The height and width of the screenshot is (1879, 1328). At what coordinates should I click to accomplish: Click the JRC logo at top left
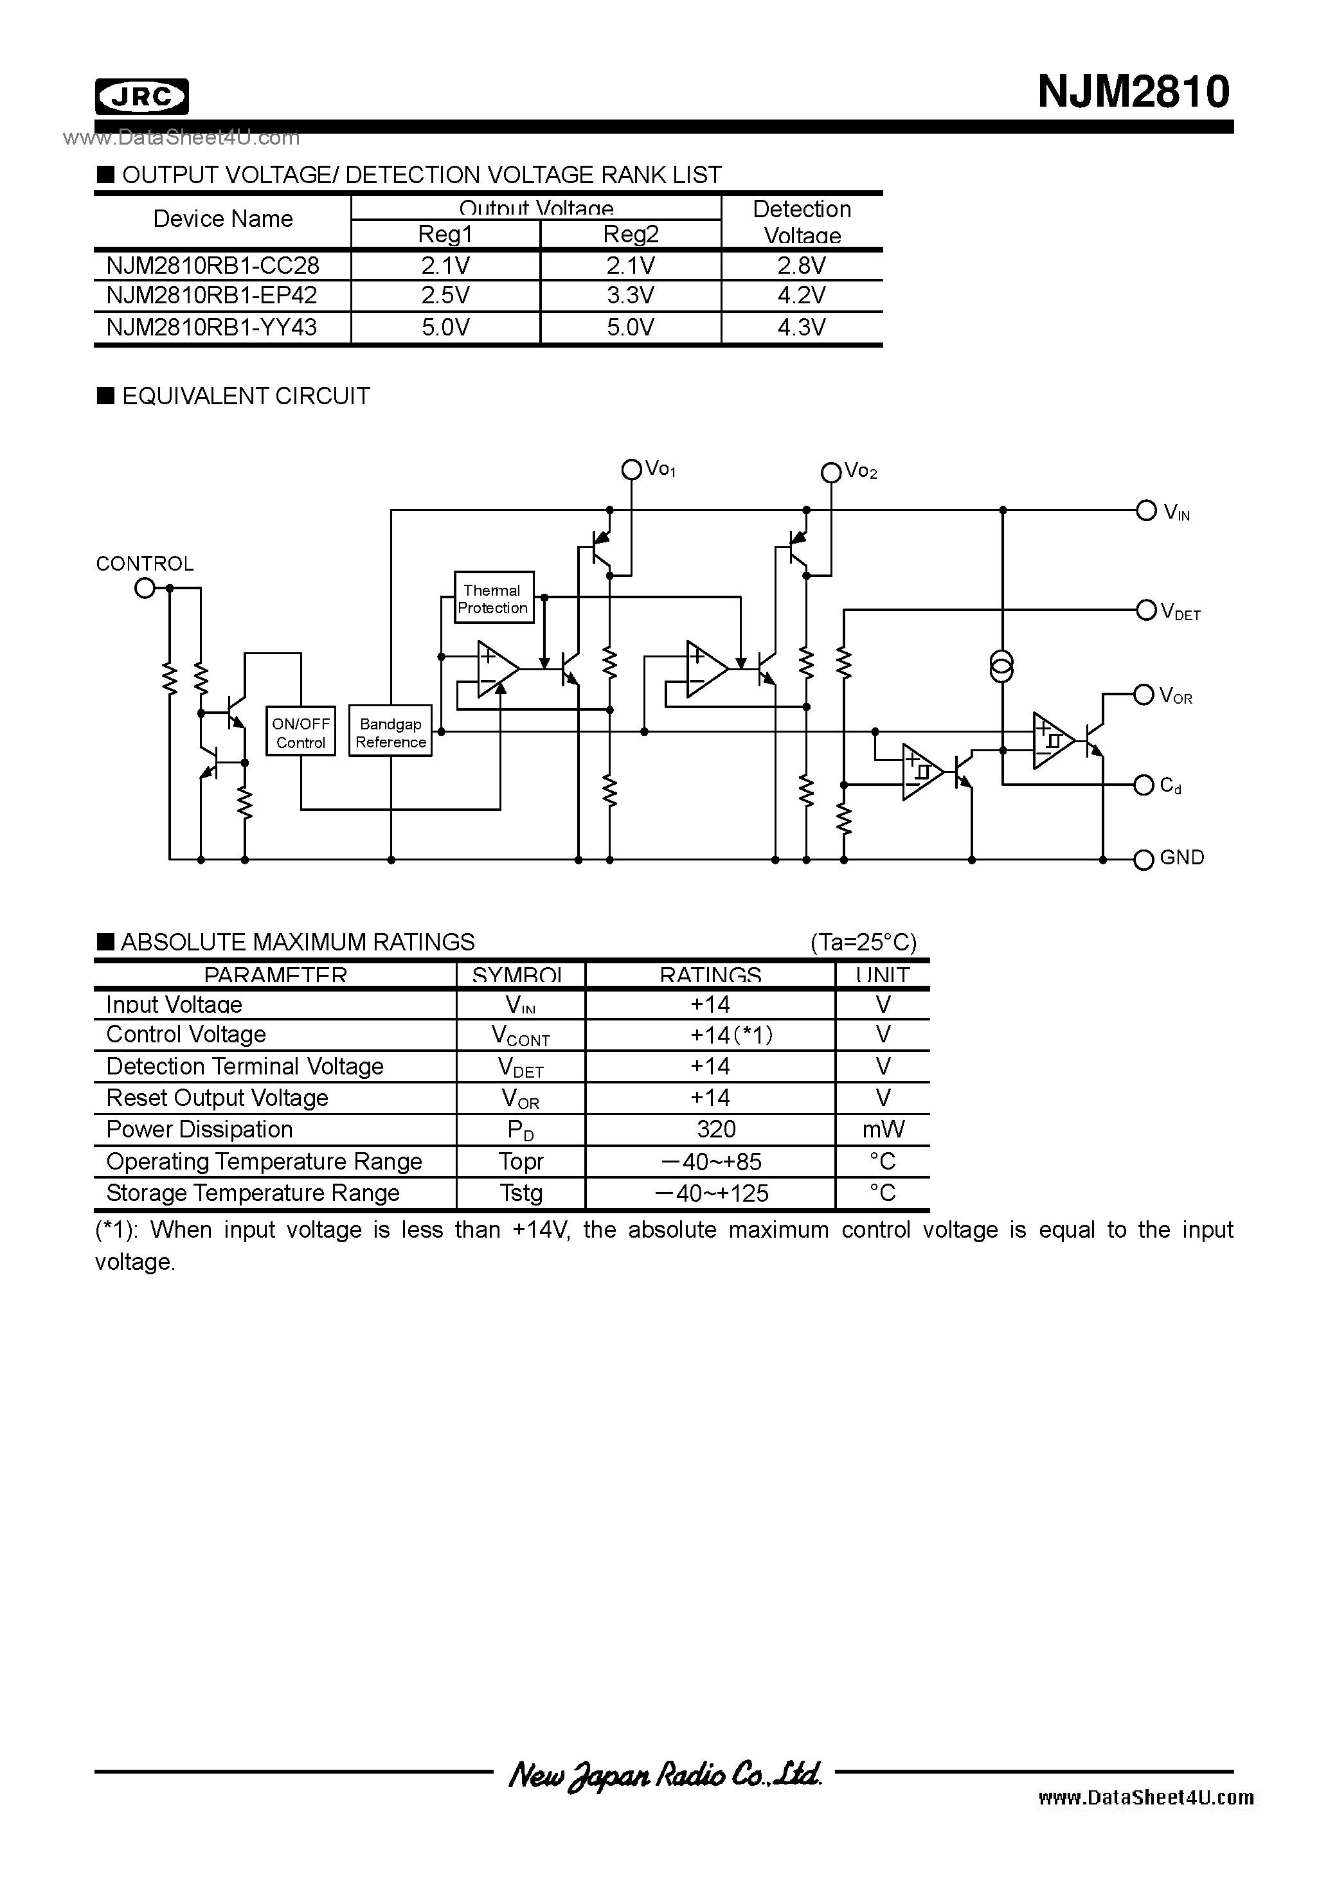[x=141, y=96]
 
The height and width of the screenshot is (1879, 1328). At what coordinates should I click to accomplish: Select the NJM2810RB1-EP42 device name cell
[x=212, y=296]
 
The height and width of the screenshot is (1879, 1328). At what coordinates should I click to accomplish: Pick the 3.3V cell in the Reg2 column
[x=630, y=296]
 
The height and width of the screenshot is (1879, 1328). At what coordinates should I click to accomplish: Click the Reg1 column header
[x=445, y=235]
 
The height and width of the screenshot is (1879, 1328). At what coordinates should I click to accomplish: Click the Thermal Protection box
[x=493, y=598]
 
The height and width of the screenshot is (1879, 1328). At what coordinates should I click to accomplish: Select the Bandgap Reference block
[x=391, y=733]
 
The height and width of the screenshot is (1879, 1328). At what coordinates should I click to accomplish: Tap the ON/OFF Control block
[x=300, y=733]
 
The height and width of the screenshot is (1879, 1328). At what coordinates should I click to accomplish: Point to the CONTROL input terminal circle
[x=145, y=587]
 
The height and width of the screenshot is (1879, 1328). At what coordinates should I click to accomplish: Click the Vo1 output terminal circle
[x=631, y=470]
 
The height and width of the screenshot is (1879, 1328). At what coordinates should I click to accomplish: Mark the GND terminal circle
[x=1144, y=860]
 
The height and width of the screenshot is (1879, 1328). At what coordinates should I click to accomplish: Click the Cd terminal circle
[x=1144, y=786]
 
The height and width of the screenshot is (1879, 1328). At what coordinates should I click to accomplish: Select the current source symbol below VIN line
[x=1001, y=667]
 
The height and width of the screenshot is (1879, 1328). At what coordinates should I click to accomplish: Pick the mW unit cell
[x=883, y=1129]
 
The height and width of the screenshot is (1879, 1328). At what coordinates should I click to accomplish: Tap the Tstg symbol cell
[x=521, y=1193]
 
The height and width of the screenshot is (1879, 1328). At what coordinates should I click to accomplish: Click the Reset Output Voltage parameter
[x=217, y=1098]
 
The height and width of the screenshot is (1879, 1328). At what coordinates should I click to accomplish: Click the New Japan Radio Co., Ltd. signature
[x=664, y=1774]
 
